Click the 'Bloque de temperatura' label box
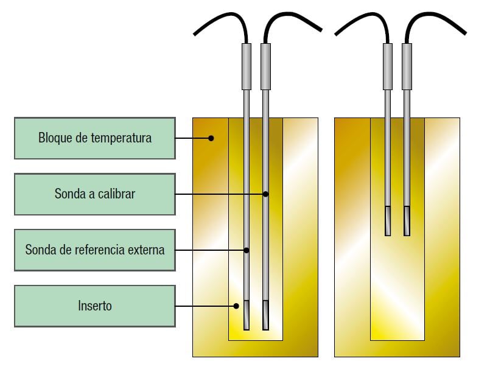(x=94, y=138)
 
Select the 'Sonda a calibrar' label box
(x=94, y=194)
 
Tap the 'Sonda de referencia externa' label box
(x=94, y=250)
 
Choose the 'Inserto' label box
(x=94, y=306)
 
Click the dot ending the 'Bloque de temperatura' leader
(x=211, y=138)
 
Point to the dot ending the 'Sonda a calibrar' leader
(x=266, y=194)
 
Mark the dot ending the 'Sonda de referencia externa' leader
(x=247, y=250)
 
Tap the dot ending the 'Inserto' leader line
(x=237, y=306)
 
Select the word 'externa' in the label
(x=144, y=250)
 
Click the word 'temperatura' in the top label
(x=121, y=138)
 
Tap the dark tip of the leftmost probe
(x=247, y=315)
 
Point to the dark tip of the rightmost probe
(x=407, y=222)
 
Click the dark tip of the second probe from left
(x=265, y=315)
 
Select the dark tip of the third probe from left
(x=388, y=222)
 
